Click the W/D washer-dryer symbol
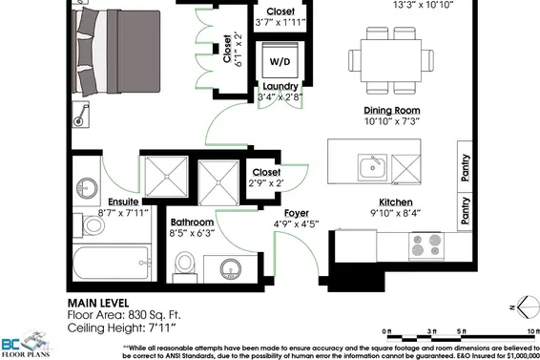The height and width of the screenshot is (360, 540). tap(280, 60)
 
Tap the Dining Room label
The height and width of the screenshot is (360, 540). tap(392, 111)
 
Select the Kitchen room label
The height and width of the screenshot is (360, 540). tap(396, 202)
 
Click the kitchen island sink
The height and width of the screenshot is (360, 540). tap(372, 167)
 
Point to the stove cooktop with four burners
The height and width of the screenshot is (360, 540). tap(426, 245)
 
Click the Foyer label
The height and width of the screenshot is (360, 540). tap(296, 213)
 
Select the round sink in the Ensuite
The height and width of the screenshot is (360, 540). tap(86, 188)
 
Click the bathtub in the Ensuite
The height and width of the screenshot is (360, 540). tap(112, 263)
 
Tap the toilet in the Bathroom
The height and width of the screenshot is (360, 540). tap(184, 266)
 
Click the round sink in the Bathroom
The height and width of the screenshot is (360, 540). tap(230, 269)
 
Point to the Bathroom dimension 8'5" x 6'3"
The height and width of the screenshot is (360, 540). tap(192, 233)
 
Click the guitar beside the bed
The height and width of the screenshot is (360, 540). tap(81, 115)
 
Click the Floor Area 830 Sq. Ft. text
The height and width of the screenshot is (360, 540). tap(124, 315)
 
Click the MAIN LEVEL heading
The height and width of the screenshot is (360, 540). tap(98, 303)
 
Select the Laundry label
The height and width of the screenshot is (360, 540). tap(280, 86)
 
